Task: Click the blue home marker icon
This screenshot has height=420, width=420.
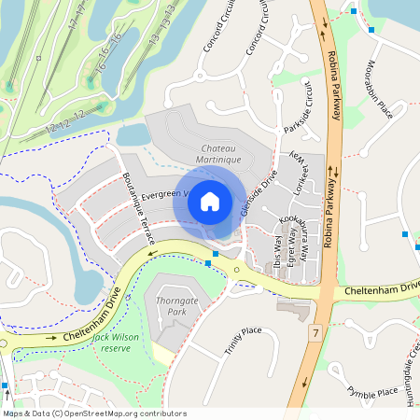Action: (210, 201)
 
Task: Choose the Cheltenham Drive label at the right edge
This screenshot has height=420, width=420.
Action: (383, 290)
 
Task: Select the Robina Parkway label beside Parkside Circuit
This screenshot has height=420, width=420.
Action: (333, 93)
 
